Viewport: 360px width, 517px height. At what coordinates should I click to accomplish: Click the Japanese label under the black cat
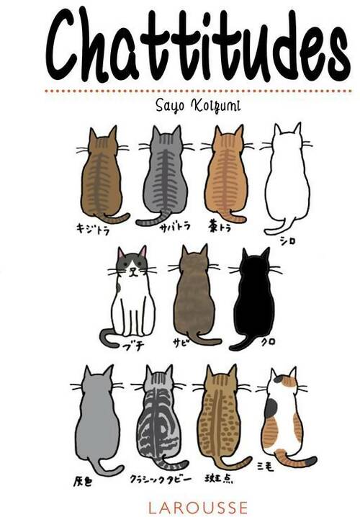[268, 341]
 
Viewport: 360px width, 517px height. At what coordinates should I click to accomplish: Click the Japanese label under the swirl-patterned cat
[150, 478]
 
